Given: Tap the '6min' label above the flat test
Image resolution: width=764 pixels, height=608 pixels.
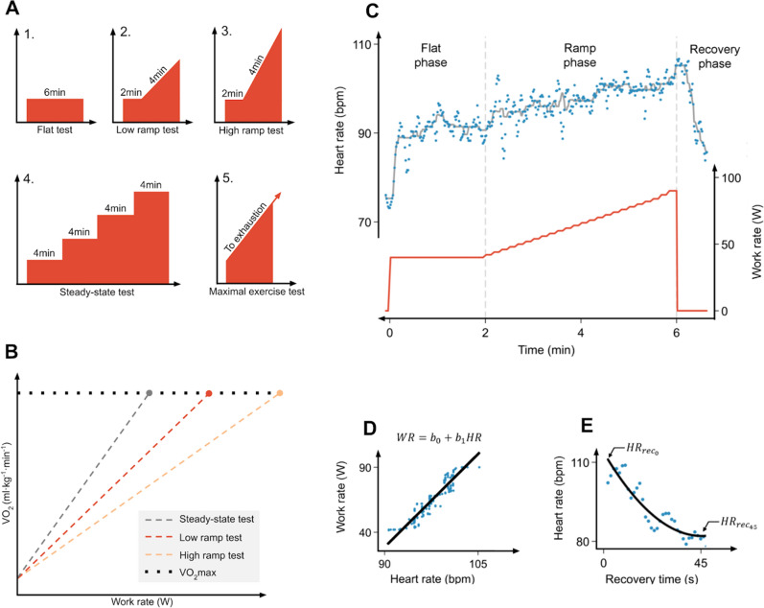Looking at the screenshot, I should pyautogui.click(x=55, y=91).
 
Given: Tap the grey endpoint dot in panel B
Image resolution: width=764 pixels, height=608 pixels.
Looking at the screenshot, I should pyautogui.click(x=150, y=393).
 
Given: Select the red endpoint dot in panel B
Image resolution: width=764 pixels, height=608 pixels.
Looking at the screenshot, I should pyautogui.click(x=209, y=393).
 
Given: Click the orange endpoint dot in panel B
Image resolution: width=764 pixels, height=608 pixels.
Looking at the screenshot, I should pyautogui.click(x=280, y=393).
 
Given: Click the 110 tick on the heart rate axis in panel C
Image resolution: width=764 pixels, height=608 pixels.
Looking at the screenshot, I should pyautogui.click(x=362, y=45).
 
